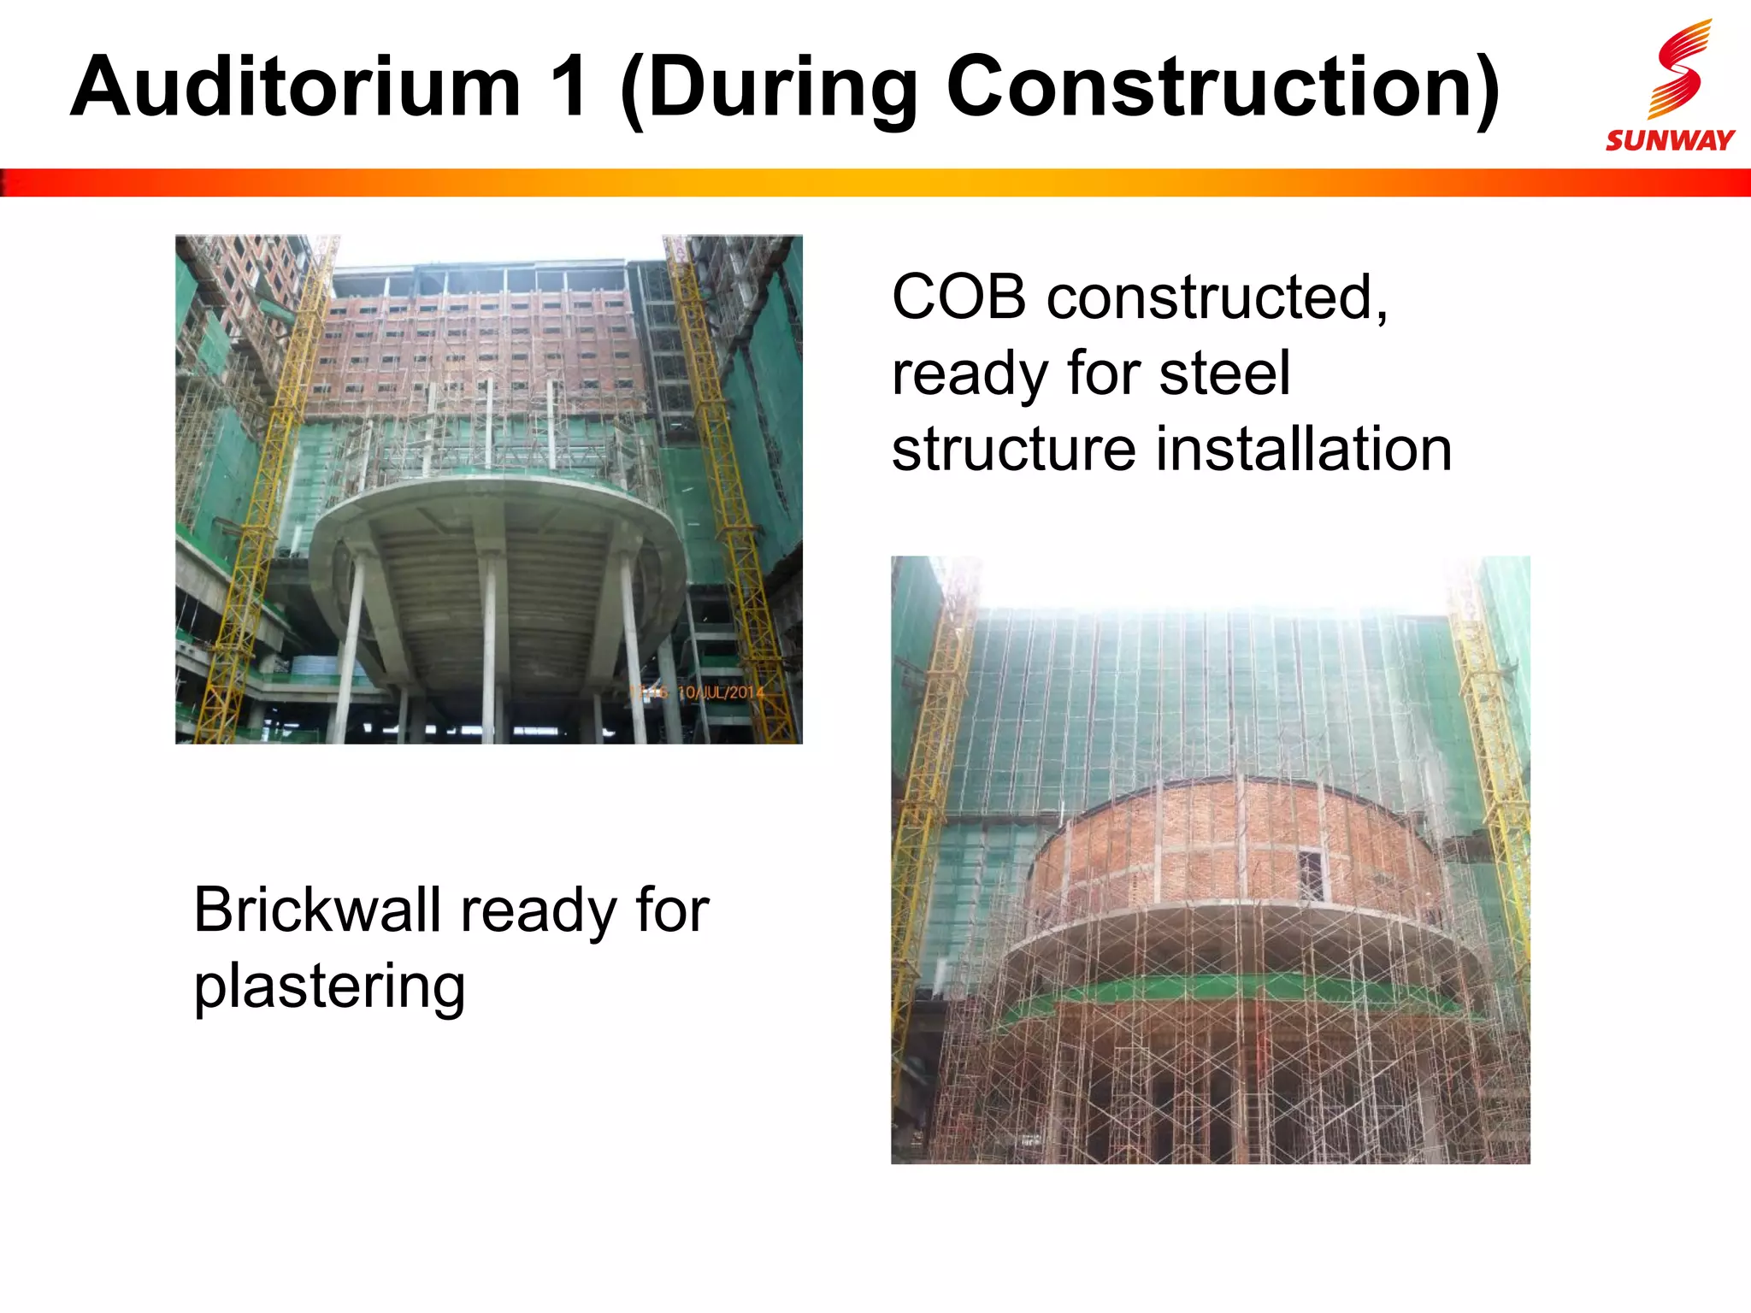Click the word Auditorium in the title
(295, 87)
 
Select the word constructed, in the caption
(1217, 299)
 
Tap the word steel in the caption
(1224, 374)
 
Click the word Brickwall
(317, 910)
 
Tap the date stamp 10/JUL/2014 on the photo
(720, 692)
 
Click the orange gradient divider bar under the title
(875, 183)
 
